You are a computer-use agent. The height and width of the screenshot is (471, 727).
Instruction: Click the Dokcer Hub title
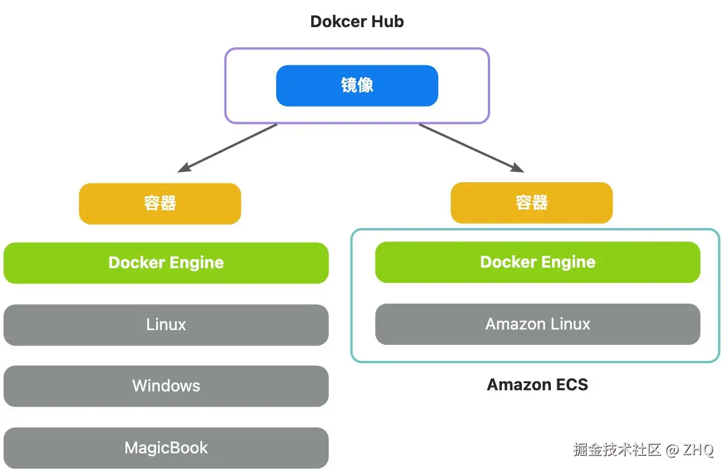click(x=357, y=22)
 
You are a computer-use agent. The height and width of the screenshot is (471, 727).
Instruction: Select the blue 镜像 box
click(x=357, y=85)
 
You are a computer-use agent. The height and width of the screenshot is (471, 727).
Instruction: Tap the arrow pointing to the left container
click(x=227, y=148)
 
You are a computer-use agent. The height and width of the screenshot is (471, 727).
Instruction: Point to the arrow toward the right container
click(x=471, y=148)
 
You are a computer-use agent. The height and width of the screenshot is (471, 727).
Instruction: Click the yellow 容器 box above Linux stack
click(x=160, y=203)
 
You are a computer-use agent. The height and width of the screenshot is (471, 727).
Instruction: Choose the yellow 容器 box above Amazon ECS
click(x=531, y=203)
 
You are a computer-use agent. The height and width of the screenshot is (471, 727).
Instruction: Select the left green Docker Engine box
click(x=166, y=263)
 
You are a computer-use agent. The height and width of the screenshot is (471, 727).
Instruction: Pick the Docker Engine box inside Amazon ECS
click(x=537, y=262)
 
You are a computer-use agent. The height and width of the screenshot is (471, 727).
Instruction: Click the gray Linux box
click(x=166, y=325)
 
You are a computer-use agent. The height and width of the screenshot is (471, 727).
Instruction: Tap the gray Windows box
click(x=166, y=386)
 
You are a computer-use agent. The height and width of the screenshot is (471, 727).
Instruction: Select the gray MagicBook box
click(x=166, y=448)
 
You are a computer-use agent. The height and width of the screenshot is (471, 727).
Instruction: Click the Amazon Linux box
click(x=537, y=324)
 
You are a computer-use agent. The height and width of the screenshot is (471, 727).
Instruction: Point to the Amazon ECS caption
click(x=537, y=385)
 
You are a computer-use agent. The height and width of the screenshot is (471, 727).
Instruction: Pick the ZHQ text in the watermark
click(x=699, y=450)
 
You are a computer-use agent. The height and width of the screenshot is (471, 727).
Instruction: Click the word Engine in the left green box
click(x=196, y=263)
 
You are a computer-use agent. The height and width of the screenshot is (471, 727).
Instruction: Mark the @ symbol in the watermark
click(x=672, y=450)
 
